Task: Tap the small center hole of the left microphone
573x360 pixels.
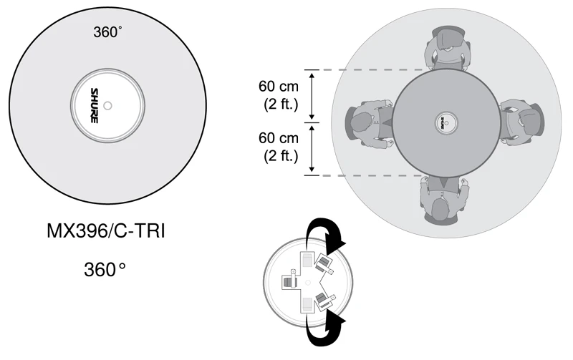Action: pyautogui.click(x=107, y=105)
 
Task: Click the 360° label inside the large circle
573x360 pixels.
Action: pyautogui.click(x=107, y=32)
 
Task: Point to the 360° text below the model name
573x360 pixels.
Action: pyautogui.click(x=105, y=270)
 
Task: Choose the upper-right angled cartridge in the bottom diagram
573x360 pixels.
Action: pyautogui.click(x=325, y=264)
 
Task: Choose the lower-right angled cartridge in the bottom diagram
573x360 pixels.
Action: pyautogui.click(x=325, y=300)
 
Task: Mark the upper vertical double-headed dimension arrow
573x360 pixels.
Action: pyautogui.click(x=312, y=96)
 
